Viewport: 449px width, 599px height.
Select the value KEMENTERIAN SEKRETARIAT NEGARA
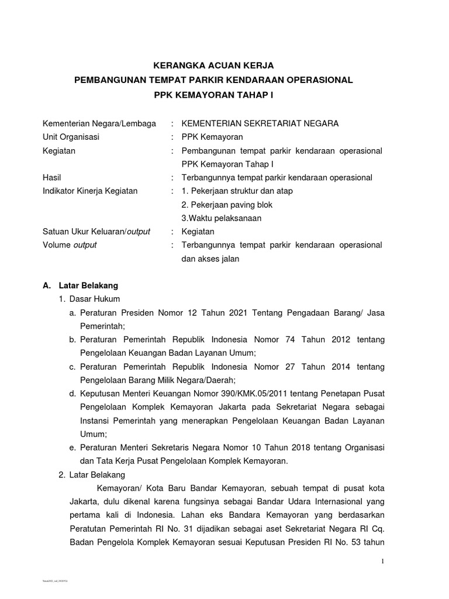coord(260,123)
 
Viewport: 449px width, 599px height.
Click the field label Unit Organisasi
coord(71,137)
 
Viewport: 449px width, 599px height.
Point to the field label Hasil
coord(52,177)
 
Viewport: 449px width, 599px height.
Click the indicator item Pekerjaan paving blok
coord(227,205)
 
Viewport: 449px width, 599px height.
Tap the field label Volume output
coord(70,245)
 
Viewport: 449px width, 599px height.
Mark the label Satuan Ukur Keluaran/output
coord(96,232)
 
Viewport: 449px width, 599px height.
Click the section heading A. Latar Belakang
coord(81,285)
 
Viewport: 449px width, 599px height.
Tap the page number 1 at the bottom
coord(383,562)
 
